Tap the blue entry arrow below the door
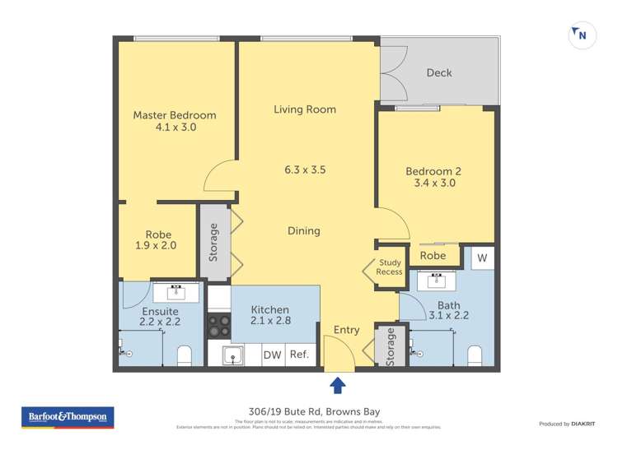pos(338,385)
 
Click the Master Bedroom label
pos(175,115)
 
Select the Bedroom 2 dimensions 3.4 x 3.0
pos(434,183)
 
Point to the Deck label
pos(439,72)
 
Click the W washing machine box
pos(482,257)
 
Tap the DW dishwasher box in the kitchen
pos(272,355)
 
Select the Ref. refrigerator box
pos(300,355)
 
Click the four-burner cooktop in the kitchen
pos(218,326)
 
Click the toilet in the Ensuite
pos(185,355)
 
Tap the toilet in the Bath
pos(475,355)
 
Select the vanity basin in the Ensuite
pos(175,292)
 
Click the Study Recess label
pos(390,268)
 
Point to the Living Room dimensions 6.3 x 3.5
pos(305,170)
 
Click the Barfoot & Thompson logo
pos(68,417)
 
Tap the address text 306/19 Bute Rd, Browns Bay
pos(308,412)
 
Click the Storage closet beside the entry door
pos(391,346)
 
